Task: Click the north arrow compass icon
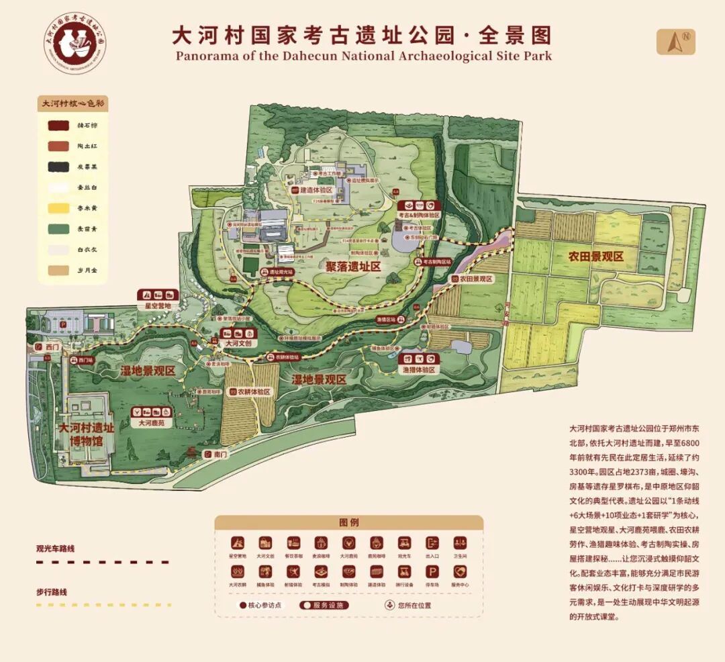675,42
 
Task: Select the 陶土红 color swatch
58,146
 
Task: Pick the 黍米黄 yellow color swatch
58,208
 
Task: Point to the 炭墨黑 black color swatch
58,167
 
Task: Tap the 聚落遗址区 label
354,267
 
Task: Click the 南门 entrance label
220,455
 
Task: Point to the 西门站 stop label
86,361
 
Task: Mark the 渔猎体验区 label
418,370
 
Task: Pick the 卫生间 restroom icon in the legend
459,542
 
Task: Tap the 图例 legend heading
348,522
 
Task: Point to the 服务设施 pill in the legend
324,605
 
